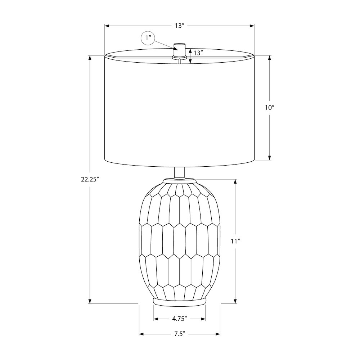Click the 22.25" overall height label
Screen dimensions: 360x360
[90, 179]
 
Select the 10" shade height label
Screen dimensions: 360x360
[270, 107]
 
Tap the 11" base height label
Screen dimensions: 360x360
[235, 241]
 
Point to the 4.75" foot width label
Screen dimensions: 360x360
[180, 319]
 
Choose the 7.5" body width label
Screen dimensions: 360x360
[180, 334]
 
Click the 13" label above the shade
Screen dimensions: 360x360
[180, 26]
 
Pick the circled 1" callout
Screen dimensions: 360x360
[148, 37]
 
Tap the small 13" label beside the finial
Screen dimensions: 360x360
[198, 53]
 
